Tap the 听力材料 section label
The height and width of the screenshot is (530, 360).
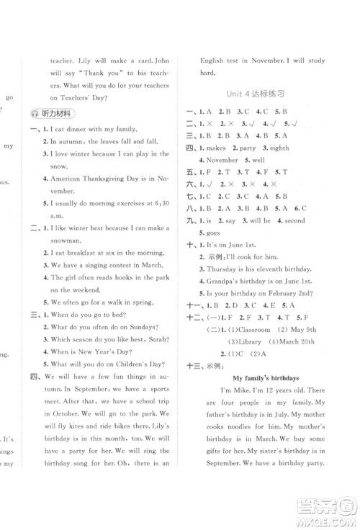click(x=65, y=114)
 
